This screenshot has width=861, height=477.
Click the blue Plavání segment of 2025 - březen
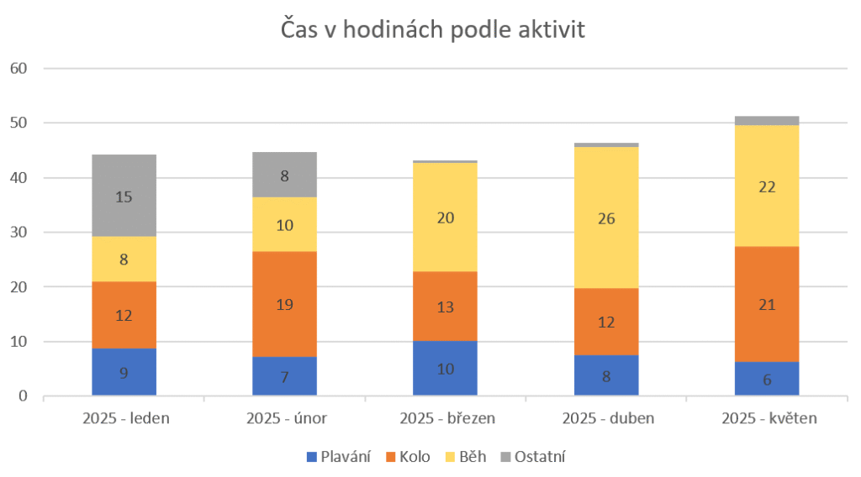tap(445, 368)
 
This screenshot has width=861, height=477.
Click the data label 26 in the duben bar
tap(606, 219)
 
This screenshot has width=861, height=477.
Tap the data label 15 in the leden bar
tap(124, 197)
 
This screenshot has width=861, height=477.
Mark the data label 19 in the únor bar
tap(284, 305)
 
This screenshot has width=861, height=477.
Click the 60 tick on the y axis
tap(18, 68)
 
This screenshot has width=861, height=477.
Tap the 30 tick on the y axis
tap(18, 233)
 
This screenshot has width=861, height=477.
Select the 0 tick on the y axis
tap(23, 396)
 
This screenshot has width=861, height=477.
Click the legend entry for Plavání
tap(341, 457)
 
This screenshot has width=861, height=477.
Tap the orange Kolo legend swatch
tap(390, 457)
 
